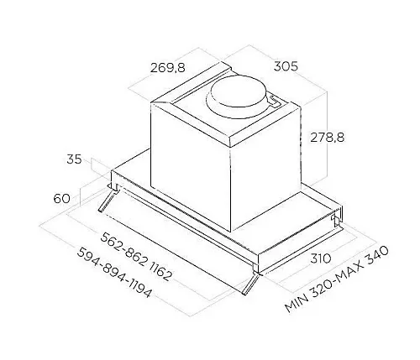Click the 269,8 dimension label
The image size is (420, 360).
(x=167, y=67)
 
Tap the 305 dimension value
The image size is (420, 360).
(x=286, y=66)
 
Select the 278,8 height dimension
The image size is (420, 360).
(x=327, y=137)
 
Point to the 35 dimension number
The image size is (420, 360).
(x=74, y=159)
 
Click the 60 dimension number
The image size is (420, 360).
(x=62, y=199)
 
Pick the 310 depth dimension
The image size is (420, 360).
(x=321, y=258)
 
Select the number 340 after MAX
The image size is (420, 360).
(x=376, y=255)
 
